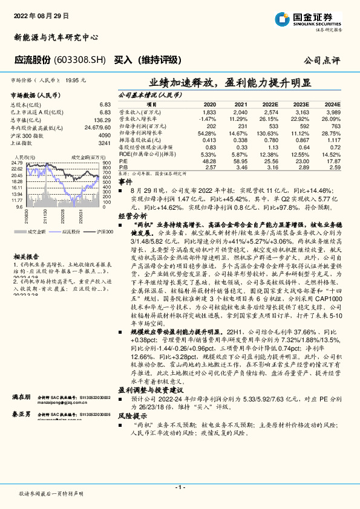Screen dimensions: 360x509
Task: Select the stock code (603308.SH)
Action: (x=82, y=60)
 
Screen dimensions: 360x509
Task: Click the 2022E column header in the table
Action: (x=270, y=105)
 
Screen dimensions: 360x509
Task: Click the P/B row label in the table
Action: (x=123, y=167)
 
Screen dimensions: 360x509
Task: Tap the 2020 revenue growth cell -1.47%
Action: (x=208, y=119)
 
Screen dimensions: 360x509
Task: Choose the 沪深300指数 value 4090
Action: (x=103, y=136)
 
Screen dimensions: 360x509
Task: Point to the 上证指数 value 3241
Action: (x=103, y=143)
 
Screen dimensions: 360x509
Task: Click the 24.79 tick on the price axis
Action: (x=16, y=163)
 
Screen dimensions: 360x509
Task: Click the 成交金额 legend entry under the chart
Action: (x=34, y=232)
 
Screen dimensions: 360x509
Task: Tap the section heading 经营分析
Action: (x=132, y=215)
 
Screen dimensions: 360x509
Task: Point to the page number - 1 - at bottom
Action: (x=180, y=487)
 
